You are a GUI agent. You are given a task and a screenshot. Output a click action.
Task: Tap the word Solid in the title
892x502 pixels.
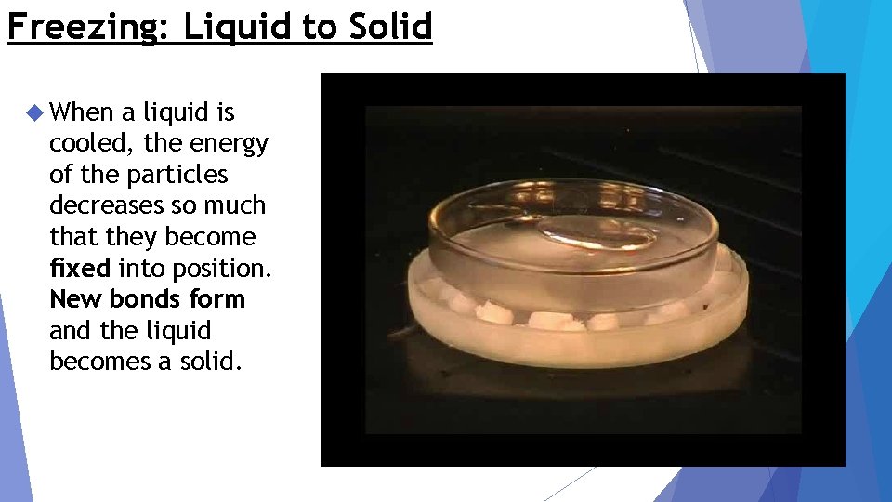point(390,27)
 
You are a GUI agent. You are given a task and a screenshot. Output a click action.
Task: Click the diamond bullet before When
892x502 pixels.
point(35,113)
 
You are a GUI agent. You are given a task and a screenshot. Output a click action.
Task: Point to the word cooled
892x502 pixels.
point(89,144)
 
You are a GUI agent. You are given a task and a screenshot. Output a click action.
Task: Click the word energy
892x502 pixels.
point(228,144)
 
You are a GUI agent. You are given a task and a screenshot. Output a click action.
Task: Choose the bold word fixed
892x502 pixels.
point(80,269)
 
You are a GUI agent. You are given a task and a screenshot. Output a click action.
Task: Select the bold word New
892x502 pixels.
point(76,299)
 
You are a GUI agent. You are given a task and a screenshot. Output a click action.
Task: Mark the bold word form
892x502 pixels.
point(218,299)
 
